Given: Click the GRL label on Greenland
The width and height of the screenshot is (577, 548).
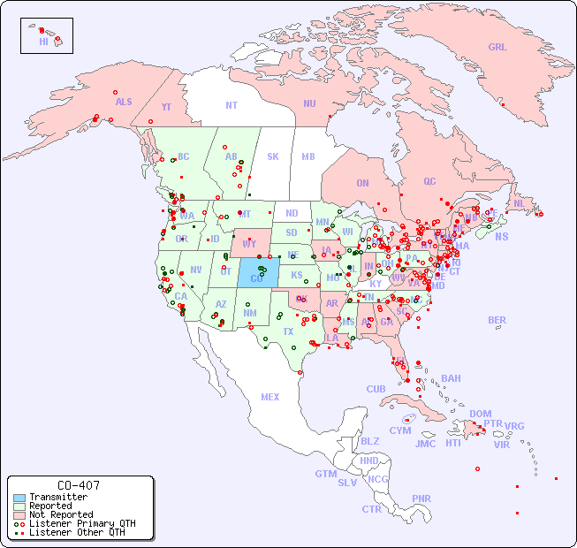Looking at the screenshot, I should pyautogui.click(x=497, y=48).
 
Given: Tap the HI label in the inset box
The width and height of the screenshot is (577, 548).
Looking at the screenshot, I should pyautogui.click(x=43, y=42).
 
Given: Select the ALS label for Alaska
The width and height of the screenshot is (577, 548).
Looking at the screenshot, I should pyautogui.click(x=124, y=102).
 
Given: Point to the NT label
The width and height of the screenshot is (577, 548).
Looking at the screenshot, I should pyautogui.click(x=231, y=104).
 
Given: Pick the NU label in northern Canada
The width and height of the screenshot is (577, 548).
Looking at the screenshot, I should pyautogui.click(x=309, y=103).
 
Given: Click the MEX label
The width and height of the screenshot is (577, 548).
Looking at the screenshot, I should pyautogui.click(x=270, y=397).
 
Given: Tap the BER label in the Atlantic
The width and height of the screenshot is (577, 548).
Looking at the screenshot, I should pyautogui.click(x=497, y=320).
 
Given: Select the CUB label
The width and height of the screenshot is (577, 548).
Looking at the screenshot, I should pyautogui.click(x=376, y=389).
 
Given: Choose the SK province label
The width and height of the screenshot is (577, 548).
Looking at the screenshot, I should pyautogui.click(x=273, y=156).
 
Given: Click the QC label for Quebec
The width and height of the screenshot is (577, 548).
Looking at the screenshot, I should pyautogui.click(x=429, y=181).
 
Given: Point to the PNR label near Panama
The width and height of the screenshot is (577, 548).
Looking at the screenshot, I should pyautogui.click(x=421, y=499).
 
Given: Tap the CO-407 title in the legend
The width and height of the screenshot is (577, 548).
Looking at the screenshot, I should pyautogui.click(x=78, y=485).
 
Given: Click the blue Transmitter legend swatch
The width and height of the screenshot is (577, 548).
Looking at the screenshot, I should pyautogui.click(x=19, y=498).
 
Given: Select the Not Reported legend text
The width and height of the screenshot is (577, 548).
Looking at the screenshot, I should pyautogui.click(x=61, y=514).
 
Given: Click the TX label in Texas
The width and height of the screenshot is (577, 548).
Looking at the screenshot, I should pyautogui.click(x=288, y=331).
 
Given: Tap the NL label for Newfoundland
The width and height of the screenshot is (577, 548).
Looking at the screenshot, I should pyautogui.click(x=519, y=202).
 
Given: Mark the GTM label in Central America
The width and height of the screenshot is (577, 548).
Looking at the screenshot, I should pyautogui.click(x=325, y=474).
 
